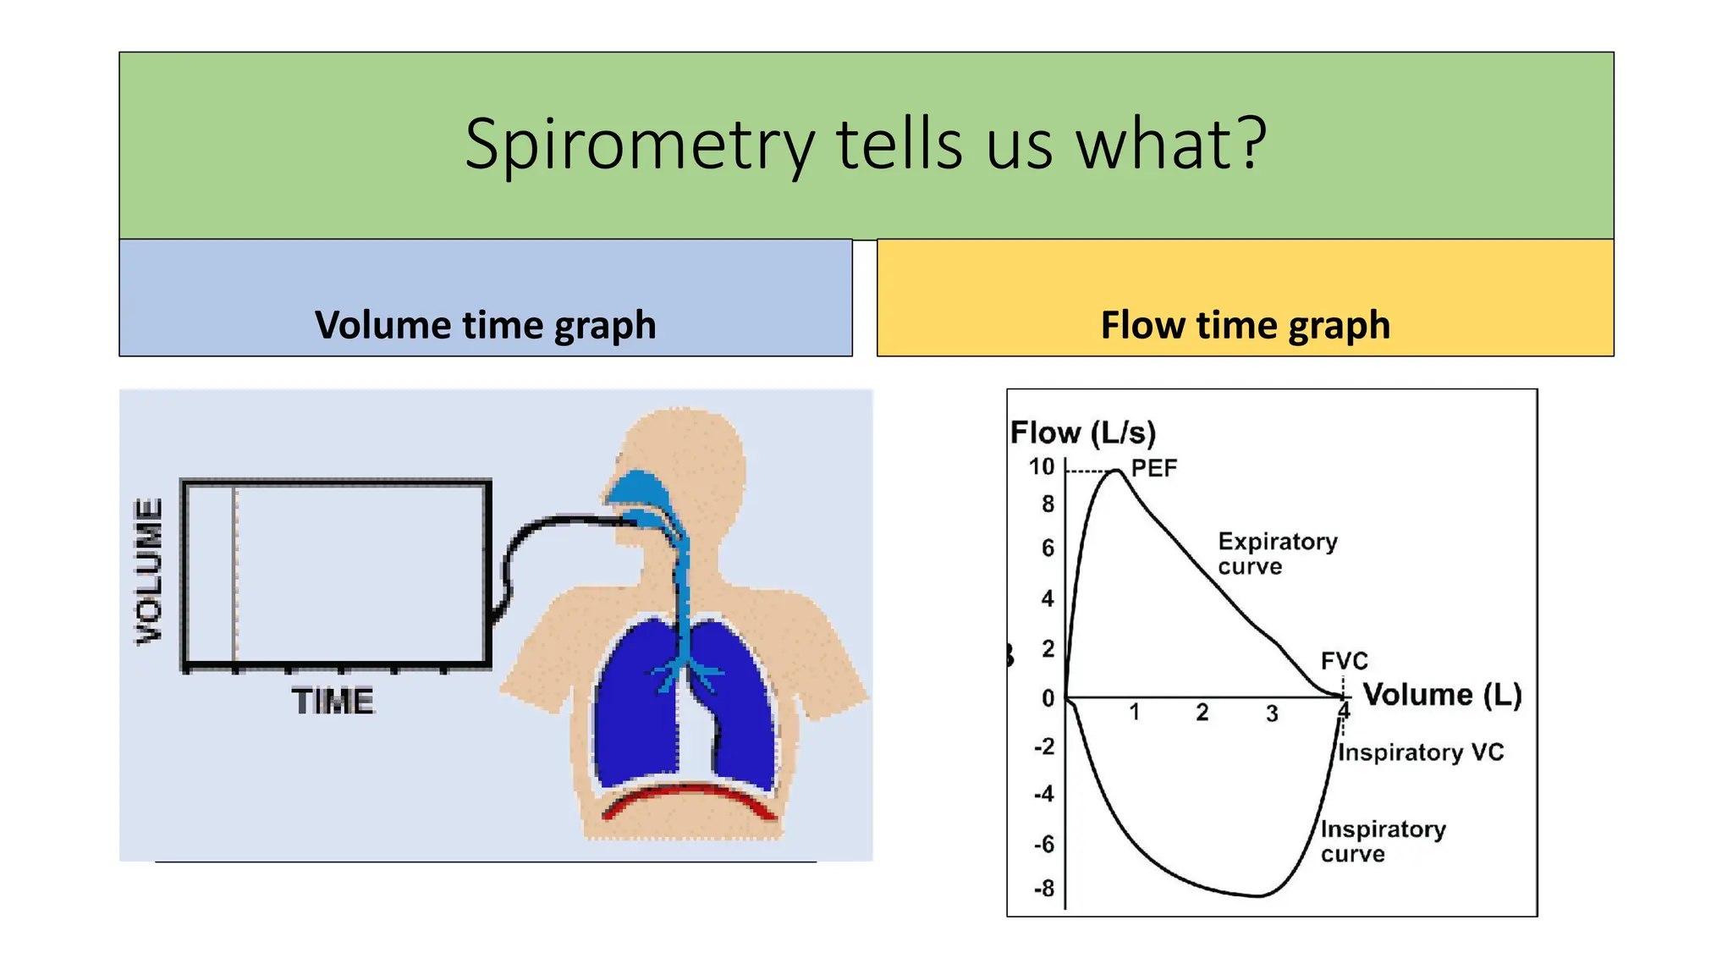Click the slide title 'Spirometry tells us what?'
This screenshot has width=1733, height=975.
click(865, 145)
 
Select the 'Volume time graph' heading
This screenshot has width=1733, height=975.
click(485, 325)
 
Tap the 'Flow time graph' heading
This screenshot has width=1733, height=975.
click(1245, 325)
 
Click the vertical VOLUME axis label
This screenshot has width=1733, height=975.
click(149, 571)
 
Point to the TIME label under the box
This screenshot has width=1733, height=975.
click(333, 702)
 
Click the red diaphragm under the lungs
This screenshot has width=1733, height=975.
click(690, 796)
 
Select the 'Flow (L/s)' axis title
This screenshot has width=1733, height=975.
click(1082, 432)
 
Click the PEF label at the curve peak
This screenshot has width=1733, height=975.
click(1153, 468)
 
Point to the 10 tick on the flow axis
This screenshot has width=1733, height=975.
click(1042, 467)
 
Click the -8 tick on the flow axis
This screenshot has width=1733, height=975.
click(1044, 889)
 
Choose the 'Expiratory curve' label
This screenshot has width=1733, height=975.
click(1276, 554)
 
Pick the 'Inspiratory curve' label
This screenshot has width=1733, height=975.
click(1382, 840)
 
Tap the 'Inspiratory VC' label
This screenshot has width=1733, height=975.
click(1420, 752)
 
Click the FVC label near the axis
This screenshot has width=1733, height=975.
click(1344, 660)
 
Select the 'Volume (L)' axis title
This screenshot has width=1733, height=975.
click(1441, 695)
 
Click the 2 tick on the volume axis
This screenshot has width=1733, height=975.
click(1202, 713)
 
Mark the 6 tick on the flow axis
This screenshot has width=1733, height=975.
click(1048, 548)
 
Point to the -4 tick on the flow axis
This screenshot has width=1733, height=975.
click(1044, 794)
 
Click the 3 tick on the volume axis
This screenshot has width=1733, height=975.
click(1271, 713)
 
